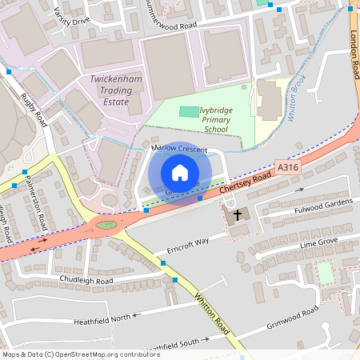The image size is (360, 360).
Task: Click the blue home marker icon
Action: click(180, 173)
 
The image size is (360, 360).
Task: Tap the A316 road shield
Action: click(288, 166)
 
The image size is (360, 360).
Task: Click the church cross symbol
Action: click(238, 215)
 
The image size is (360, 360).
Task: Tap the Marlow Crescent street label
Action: click(179, 150)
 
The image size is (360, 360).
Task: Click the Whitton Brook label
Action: click(296, 97)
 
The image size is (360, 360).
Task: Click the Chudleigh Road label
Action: click(86, 281)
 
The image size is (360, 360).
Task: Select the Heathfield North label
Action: click(102, 318)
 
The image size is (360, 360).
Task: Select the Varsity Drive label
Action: click(71, 18)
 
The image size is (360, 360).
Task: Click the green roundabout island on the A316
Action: click(106, 226)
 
